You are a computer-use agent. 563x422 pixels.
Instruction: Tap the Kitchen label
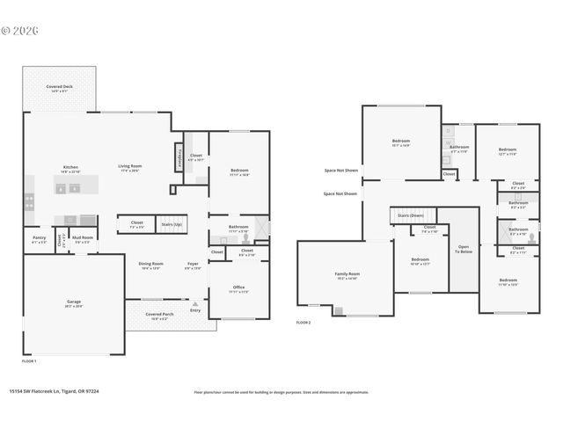point(71,169)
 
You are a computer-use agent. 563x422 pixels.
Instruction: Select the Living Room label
point(130,168)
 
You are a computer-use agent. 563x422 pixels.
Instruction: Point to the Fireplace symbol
point(179,153)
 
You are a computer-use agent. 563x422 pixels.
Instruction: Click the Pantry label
point(39,238)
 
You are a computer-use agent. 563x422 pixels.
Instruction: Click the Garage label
point(74,303)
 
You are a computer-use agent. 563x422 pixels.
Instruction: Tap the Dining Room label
point(150,266)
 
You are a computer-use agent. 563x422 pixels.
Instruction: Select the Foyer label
point(193,266)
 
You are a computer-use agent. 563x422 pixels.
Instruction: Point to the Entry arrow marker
point(195,302)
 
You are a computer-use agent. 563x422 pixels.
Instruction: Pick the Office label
point(238,289)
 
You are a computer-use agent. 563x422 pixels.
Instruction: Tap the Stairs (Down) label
point(411,215)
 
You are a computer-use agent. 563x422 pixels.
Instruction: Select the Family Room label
point(347,275)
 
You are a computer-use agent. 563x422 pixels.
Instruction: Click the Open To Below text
point(463,249)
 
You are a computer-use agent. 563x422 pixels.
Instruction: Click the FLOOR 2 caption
point(303,323)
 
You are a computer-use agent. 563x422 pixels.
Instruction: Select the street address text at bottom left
point(54,391)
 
